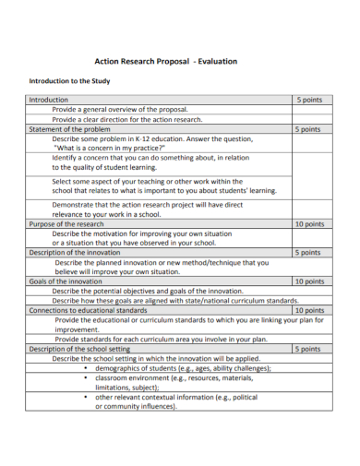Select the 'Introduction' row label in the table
49,99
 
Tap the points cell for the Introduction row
308,99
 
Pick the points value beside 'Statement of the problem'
308,129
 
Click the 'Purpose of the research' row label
66,224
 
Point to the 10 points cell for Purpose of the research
309,224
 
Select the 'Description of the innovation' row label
75,252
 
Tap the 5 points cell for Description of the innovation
308,252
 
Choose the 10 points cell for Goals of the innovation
309,281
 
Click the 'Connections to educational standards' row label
88,310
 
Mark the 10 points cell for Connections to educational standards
309,310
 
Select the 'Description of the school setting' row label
80,349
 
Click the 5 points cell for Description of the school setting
308,349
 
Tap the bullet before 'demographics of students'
86,367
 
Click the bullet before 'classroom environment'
86,377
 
